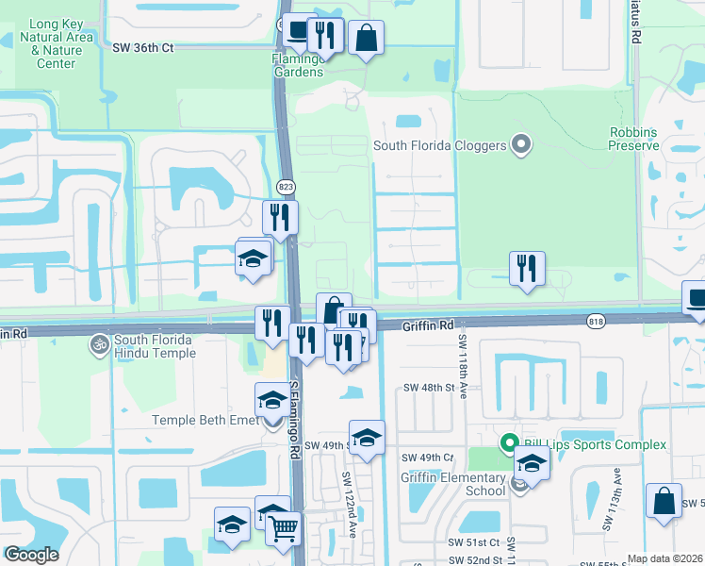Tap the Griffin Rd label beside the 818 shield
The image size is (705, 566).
[x=429, y=325]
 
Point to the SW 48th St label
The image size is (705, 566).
[x=429, y=388]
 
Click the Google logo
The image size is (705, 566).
[x=31, y=555]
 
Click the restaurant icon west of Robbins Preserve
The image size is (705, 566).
[x=527, y=267]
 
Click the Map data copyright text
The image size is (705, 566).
[x=664, y=558]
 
